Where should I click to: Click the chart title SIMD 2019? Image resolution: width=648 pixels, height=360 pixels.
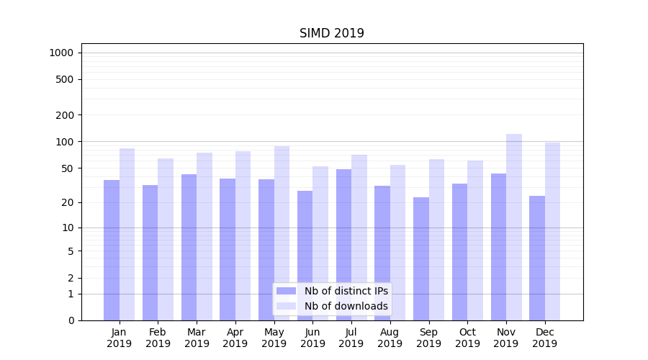click(332, 33)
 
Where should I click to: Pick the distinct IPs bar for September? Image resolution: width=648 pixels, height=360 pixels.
click(421, 258)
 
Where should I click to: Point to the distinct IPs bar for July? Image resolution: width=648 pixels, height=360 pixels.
click(343, 245)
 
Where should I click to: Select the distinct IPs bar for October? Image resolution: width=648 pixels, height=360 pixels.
click(460, 252)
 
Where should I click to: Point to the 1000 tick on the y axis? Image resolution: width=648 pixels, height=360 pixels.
click(61, 53)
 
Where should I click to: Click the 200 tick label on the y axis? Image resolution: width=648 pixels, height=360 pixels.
click(65, 115)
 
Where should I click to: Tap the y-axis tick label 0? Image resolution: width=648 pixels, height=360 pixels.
click(71, 320)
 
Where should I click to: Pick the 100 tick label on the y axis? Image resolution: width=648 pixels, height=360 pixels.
click(65, 142)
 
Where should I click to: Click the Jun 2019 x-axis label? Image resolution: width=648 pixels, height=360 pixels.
click(312, 338)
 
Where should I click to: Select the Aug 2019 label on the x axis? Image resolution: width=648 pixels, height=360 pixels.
click(390, 338)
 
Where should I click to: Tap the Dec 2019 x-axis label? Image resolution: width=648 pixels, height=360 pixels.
click(544, 338)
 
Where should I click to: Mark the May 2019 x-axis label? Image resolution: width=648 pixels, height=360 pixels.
click(274, 338)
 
